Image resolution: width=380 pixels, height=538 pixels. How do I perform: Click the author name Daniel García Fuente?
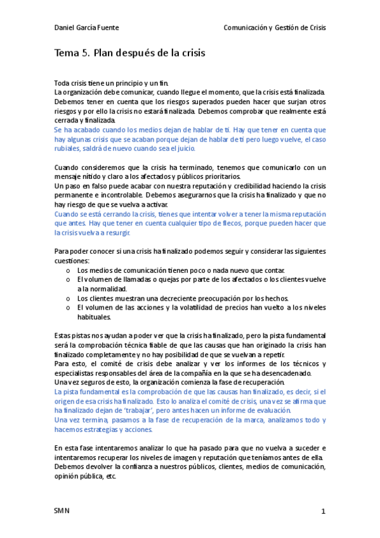click(86, 28)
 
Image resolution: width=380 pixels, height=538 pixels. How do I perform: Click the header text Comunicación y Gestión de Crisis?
click(274, 28)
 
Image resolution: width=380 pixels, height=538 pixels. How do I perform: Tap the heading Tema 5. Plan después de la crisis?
click(130, 53)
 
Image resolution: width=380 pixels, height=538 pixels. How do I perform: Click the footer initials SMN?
click(62, 511)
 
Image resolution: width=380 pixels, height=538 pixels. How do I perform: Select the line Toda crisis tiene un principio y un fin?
click(110, 82)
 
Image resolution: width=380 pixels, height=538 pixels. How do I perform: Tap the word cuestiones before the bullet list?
click(72, 260)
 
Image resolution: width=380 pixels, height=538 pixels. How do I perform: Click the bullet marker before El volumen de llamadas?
click(68, 279)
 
